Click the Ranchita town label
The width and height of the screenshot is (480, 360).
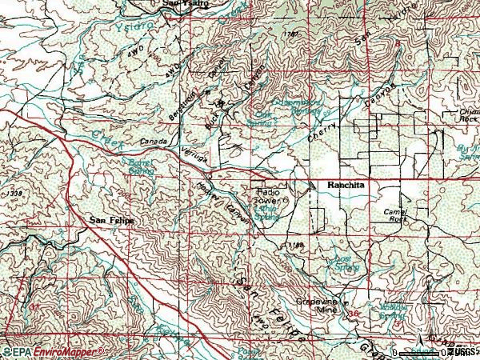point(346,185)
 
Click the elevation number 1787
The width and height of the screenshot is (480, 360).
point(291,34)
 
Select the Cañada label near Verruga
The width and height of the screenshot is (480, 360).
point(155,143)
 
